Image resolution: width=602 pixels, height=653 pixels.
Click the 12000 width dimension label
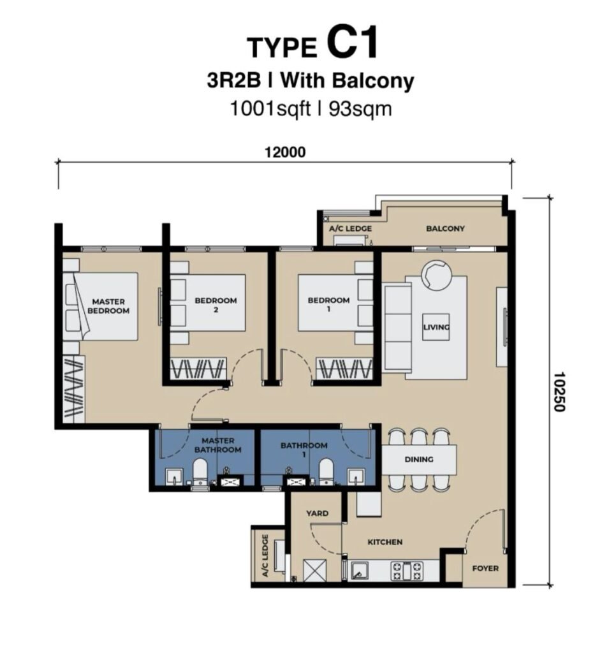point(285,152)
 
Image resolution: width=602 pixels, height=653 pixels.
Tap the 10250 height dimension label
point(560,392)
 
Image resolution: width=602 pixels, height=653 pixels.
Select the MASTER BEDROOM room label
point(108,306)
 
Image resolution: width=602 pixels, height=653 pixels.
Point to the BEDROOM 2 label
point(216,305)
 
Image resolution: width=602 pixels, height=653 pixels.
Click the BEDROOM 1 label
point(328,305)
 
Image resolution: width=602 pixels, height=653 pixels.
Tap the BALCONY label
point(445,228)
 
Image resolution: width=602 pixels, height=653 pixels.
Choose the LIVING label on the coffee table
point(436,327)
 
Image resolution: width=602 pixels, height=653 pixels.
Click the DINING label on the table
point(419,459)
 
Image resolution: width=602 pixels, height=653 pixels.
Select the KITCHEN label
point(385,542)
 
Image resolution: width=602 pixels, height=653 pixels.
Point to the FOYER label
point(485,568)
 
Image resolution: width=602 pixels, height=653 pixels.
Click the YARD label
point(317,513)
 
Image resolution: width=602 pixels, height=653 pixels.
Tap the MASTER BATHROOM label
point(217,445)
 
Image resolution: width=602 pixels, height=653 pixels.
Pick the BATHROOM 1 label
point(304,450)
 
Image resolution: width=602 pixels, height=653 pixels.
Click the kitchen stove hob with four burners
point(406,571)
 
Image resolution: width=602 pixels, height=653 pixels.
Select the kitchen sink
point(359,571)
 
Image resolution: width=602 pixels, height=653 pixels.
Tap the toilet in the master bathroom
point(200,472)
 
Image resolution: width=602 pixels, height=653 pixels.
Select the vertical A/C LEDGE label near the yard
point(265,555)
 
